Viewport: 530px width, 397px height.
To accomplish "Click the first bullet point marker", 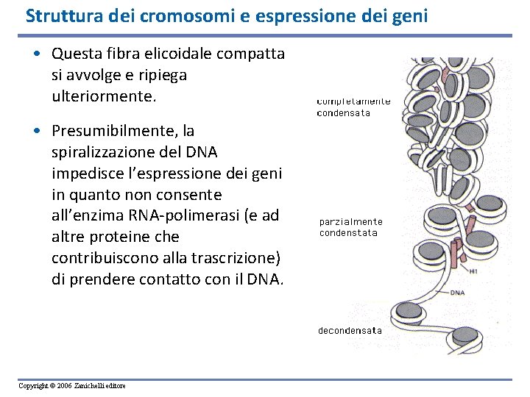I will pos(43,54).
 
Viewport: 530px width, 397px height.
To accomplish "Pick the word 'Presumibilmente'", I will pos(116,131).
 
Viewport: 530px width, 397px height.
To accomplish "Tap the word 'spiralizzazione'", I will pos(104,152).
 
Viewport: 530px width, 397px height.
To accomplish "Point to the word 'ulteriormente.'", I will pos(105,96).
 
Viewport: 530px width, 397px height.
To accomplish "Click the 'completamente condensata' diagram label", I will pos(353,107).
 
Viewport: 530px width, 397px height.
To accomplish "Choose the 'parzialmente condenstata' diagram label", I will pos(351,227).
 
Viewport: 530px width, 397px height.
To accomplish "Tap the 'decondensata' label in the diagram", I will pos(350,331).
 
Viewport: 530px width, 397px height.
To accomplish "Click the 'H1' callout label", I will pos(473,271).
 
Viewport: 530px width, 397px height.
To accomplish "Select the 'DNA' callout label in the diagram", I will pos(457,293).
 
